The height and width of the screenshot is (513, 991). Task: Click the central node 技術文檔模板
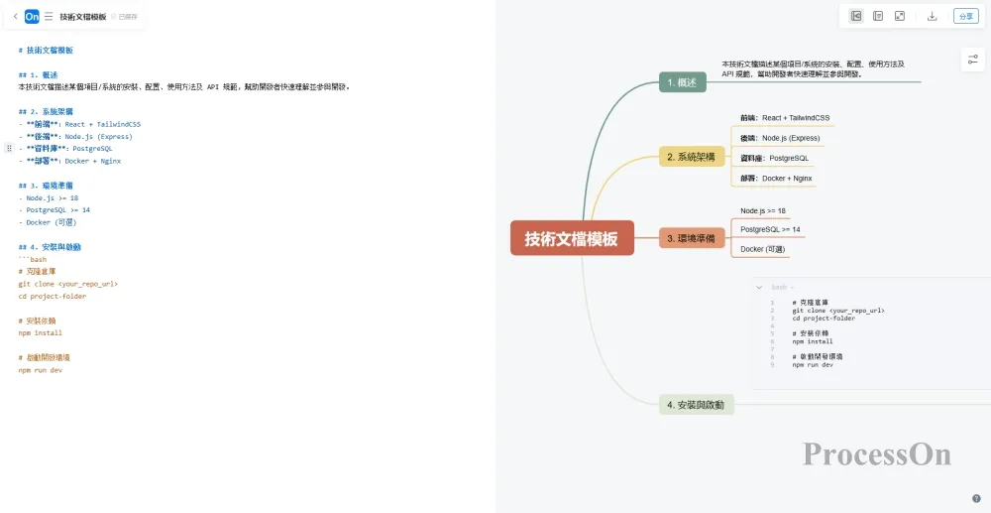(572, 238)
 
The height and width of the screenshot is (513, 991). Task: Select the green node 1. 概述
(682, 82)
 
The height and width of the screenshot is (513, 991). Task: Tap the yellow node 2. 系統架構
(692, 157)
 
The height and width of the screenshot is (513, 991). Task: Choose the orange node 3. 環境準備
(692, 238)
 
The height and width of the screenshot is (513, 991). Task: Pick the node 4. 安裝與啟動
(696, 405)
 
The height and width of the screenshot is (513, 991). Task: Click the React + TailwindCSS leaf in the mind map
(785, 118)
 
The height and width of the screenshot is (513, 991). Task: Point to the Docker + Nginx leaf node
(776, 179)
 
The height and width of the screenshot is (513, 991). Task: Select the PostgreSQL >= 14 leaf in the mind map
(770, 229)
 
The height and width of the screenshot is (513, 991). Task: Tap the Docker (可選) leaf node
(763, 249)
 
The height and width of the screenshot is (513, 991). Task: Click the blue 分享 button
(964, 16)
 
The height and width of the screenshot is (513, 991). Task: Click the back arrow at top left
(15, 16)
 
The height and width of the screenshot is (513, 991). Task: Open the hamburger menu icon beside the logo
(49, 16)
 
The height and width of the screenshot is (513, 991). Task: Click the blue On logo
(32, 16)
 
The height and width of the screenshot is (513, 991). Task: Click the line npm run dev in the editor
(41, 370)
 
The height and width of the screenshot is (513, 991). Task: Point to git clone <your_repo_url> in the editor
(67, 284)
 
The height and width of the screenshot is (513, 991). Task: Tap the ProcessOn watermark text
(876, 454)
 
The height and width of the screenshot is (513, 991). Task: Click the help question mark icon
(976, 498)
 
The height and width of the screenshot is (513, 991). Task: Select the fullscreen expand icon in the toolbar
(900, 16)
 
